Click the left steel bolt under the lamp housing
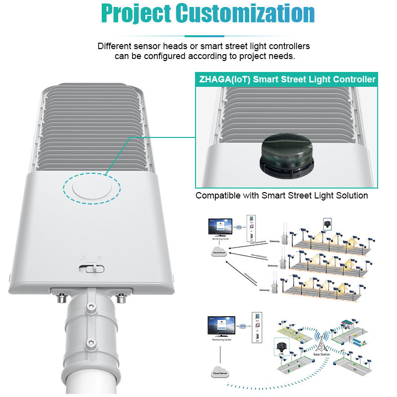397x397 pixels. (62, 298)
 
